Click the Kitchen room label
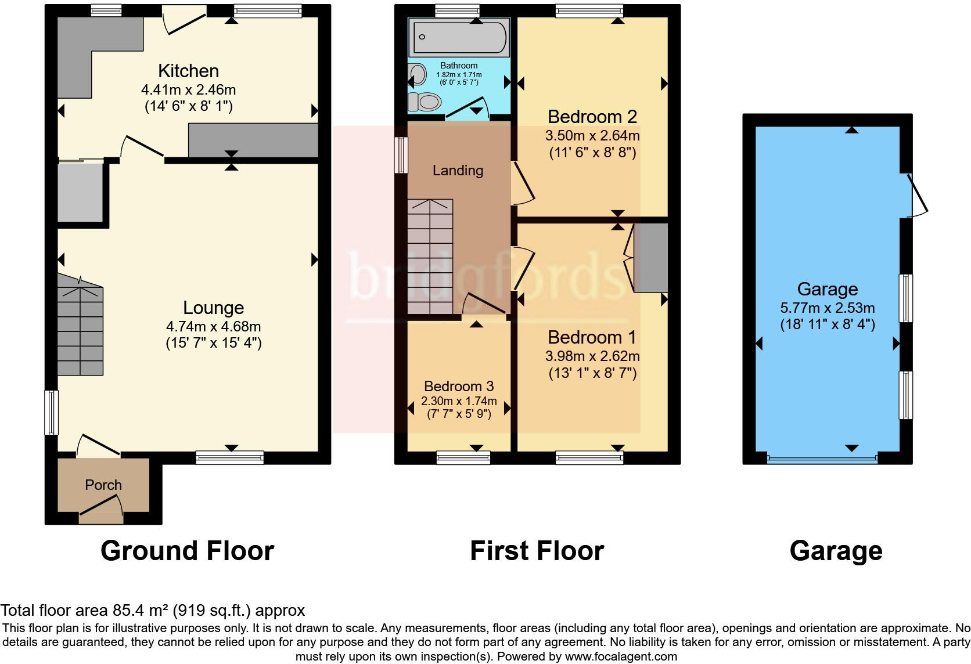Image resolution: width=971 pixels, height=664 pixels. click(188, 71)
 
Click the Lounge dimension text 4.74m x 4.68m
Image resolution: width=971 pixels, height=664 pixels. click(213, 326)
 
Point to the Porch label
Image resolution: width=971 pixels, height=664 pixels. click(103, 485)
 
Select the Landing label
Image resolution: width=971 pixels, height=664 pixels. click(458, 170)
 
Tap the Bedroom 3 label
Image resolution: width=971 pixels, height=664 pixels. click(459, 386)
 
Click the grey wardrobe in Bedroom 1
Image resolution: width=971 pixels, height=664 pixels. click(650, 258)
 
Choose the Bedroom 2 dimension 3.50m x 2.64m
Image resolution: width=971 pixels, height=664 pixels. click(592, 136)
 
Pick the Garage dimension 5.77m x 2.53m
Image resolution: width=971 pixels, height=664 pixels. click(827, 308)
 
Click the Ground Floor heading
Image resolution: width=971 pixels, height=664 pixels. click(187, 551)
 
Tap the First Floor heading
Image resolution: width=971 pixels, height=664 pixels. click(537, 551)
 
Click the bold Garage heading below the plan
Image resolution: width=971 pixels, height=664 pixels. click(836, 551)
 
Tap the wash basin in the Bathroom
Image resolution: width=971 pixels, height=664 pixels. click(417, 74)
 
